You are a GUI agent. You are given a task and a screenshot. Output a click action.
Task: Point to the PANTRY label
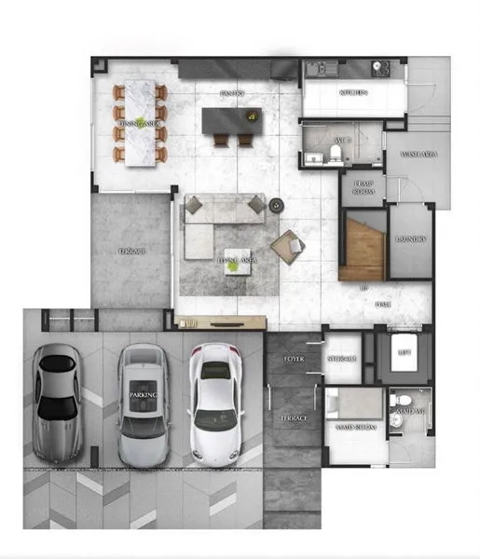[x=232, y=94]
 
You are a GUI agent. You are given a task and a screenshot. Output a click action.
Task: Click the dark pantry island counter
[x=233, y=119]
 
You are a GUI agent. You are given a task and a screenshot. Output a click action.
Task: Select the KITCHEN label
[x=353, y=93]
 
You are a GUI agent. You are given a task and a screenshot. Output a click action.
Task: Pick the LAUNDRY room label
[x=409, y=239]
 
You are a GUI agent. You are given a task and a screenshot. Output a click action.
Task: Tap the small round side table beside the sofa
[x=276, y=205]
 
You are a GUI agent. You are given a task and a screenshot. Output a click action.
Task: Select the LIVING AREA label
[x=236, y=262]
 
